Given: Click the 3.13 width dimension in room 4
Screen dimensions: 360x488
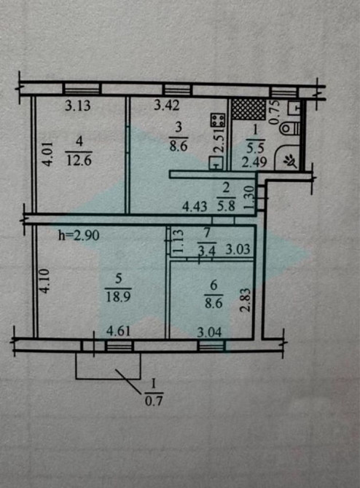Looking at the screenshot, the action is [x=78, y=106].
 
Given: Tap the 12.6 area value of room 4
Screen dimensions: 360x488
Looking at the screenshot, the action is [x=79, y=160].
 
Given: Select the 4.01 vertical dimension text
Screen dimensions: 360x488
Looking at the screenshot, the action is [x=47, y=154].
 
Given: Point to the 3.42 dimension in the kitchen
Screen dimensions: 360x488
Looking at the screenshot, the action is [x=167, y=106].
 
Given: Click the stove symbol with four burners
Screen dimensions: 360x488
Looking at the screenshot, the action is [x=218, y=120].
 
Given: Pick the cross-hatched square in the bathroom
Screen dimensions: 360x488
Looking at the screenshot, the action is [x=249, y=109].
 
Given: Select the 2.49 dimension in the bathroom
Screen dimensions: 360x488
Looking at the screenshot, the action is [x=254, y=162].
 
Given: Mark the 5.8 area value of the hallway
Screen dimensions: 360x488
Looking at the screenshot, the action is [x=226, y=205].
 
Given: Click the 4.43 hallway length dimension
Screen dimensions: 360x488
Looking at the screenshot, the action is [x=195, y=206].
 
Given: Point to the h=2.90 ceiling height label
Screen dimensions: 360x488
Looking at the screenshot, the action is [x=79, y=235].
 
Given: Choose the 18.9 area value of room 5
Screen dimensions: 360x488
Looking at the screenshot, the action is [x=118, y=296].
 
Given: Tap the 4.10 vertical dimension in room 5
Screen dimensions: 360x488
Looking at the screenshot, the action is [x=45, y=281].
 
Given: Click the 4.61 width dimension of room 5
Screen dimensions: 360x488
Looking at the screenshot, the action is [x=118, y=331].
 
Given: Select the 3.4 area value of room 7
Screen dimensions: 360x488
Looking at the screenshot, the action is [x=207, y=251].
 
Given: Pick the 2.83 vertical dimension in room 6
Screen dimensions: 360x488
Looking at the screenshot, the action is [x=246, y=300].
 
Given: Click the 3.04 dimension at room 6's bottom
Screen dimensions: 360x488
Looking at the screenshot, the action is [x=210, y=332].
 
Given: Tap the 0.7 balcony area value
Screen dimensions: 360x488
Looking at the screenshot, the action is [x=154, y=401].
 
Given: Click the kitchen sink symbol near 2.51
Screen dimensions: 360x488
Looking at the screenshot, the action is [x=216, y=163].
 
